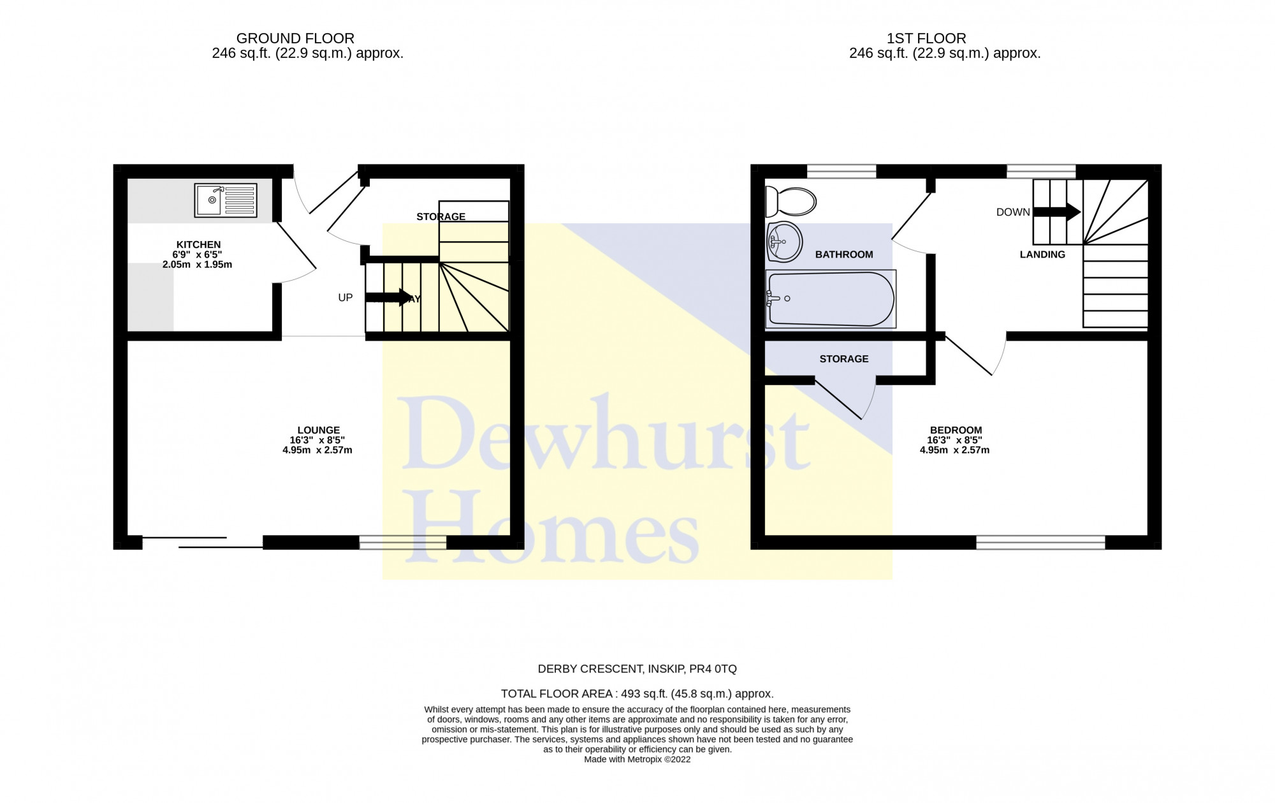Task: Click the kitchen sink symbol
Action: [x=226, y=200]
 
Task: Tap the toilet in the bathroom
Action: [x=790, y=202]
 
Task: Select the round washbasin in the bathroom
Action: [x=784, y=242]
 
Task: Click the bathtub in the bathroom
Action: [x=831, y=299]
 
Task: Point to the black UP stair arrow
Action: [x=389, y=297]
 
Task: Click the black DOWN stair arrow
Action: [x=1057, y=212]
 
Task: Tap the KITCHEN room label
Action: [x=199, y=244]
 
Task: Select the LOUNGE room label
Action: [x=319, y=430]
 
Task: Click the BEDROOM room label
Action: [x=956, y=430]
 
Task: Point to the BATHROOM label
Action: [x=844, y=254]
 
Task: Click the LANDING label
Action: [x=1042, y=254]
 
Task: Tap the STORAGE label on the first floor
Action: [x=844, y=359]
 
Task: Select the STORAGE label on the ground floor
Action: [x=441, y=217]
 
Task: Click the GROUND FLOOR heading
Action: [x=295, y=38]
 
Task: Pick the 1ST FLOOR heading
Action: [x=926, y=38]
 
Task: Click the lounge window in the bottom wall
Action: [x=403, y=542]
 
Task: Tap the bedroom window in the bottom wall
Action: [x=1040, y=542]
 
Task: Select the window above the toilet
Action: [x=841, y=171]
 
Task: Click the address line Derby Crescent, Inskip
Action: [x=637, y=669]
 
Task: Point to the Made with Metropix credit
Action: [x=637, y=760]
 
